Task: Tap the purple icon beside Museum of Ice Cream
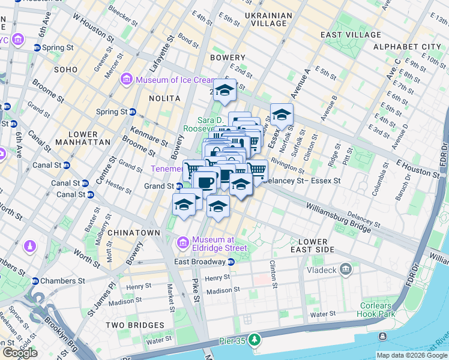[x=127, y=79]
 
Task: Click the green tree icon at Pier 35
[x=255, y=340]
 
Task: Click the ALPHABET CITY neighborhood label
[x=407, y=46]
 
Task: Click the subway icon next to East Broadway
[x=231, y=262]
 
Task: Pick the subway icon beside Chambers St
[x=35, y=281]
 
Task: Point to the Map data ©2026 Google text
[x=411, y=355]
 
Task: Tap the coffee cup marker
[x=205, y=181]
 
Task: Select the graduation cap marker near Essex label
[x=282, y=114]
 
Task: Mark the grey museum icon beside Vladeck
[x=345, y=269]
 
